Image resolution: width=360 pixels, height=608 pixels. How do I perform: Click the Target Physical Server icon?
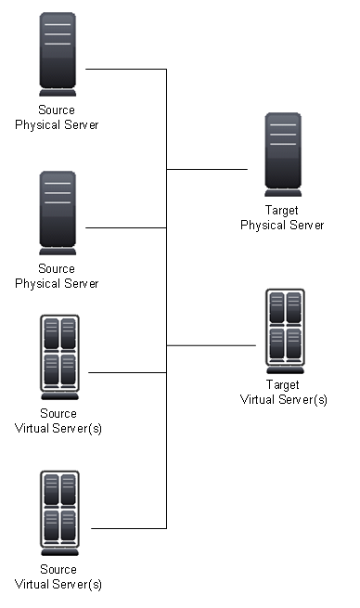282,153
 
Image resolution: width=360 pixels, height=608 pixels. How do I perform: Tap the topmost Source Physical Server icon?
58,55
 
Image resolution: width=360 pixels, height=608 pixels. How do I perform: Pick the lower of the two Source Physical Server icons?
58,213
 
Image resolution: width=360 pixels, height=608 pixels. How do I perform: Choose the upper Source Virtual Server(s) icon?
58,357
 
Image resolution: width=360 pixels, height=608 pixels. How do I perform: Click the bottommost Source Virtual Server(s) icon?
58,513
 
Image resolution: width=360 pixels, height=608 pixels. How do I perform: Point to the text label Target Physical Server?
282,218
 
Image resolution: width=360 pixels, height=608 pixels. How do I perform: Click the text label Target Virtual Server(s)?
284,392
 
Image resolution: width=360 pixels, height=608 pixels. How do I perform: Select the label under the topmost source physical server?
57,117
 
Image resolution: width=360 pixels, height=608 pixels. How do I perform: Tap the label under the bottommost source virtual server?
58,576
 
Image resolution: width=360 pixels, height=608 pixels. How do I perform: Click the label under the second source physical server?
57,276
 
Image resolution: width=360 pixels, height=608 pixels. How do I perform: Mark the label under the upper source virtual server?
58,420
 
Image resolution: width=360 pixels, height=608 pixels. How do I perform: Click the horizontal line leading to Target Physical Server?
208,170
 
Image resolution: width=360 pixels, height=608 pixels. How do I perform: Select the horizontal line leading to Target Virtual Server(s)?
211,345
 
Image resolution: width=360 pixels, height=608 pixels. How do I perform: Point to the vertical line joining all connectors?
166,297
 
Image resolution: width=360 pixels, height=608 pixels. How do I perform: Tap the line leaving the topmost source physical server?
125,69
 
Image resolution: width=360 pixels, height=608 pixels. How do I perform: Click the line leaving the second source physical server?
125,227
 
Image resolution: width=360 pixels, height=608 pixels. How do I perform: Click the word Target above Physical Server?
282,212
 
